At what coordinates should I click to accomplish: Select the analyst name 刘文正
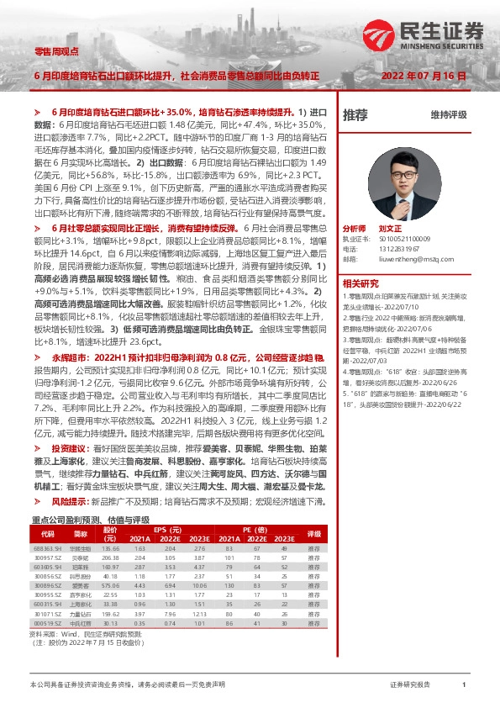pos(392,228)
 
